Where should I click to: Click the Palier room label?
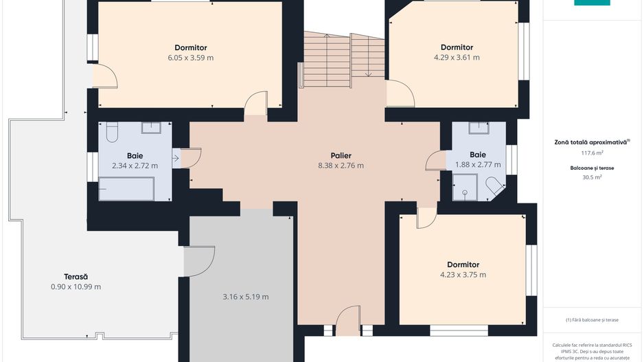[341, 155]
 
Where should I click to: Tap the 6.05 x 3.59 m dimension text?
[191, 58]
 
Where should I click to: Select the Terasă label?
[76, 277]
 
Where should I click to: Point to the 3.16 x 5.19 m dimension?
[246, 297]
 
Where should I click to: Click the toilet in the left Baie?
[112, 131]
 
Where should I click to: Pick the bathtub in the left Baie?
[126, 189]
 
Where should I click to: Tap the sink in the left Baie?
[151, 127]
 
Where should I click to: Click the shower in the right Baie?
[465, 188]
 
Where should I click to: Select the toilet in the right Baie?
[495, 185]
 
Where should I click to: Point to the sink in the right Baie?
[479, 128]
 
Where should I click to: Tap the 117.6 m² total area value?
[592, 153]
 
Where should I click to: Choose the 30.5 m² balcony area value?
[592, 177]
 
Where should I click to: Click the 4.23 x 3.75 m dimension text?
[463, 275]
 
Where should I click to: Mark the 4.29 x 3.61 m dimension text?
[457, 58]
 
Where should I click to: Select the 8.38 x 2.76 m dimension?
[341, 166]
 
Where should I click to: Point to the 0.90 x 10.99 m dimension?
[76, 287]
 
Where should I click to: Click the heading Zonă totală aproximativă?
[590, 142]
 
